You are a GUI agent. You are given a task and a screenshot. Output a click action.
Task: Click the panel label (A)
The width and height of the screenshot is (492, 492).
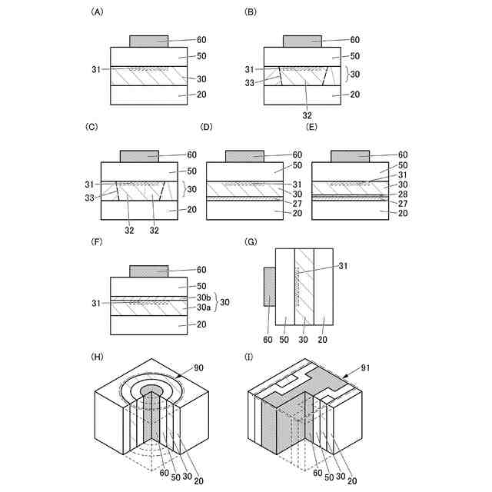tap(97, 12)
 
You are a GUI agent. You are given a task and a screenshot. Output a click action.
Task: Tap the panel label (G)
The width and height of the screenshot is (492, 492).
tap(251, 241)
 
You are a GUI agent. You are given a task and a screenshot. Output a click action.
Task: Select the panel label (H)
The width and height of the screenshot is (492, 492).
tap(97, 357)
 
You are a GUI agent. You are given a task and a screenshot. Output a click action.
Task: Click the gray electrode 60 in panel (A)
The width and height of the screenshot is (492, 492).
tap(148, 40)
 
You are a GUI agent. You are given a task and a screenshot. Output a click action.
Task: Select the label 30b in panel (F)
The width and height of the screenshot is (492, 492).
tap(203, 297)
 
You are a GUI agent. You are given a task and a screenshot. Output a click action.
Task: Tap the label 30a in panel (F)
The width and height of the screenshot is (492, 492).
tap(203, 306)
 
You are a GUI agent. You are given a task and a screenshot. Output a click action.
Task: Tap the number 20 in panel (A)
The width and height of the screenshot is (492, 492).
tap(202, 95)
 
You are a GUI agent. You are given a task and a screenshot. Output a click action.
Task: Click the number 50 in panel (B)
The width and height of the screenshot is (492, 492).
tap(355, 56)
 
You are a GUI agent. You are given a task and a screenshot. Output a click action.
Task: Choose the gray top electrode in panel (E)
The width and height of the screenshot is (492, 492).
tap(350, 155)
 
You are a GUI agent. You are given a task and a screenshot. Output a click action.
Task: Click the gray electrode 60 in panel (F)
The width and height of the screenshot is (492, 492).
tap(148, 271)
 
